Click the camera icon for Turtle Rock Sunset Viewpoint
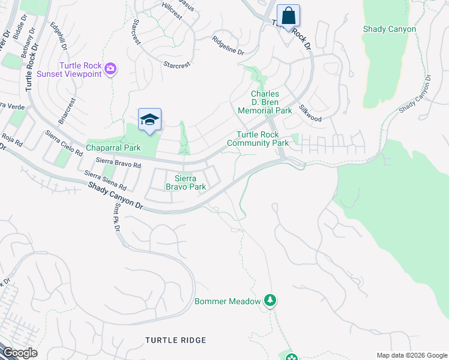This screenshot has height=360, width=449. point(110,69)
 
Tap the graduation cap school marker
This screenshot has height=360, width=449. point(149,120)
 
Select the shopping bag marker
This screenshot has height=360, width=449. point(288,16)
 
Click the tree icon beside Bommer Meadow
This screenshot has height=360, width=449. point(270,300)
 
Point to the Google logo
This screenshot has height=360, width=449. point(20,353)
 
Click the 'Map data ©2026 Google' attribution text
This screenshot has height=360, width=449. point(411,355)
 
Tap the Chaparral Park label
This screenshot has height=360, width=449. point(113,148)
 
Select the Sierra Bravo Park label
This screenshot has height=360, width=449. point(186,182)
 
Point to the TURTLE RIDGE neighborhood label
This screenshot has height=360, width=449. point(175,340)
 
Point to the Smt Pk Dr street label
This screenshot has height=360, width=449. point(116,218)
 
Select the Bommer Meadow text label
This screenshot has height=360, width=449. point(228,301)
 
